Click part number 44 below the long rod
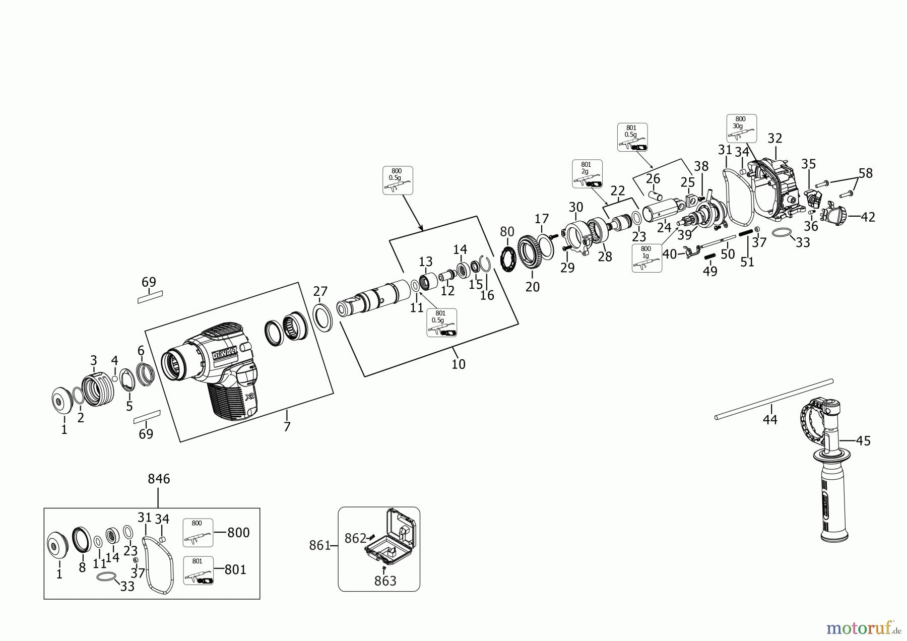[x=770, y=419]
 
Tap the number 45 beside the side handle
[x=863, y=440]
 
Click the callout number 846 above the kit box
[x=159, y=479]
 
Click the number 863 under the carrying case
[x=385, y=581]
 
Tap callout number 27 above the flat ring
[x=320, y=291]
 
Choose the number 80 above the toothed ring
[x=507, y=232]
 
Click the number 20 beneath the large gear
[x=533, y=287]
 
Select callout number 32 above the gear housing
[x=774, y=139]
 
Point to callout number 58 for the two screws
[x=866, y=173]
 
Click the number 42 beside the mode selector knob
[x=868, y=217]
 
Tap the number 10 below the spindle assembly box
[x=458, y=364]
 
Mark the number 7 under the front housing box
[x=287, y=427]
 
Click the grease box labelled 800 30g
[x=741, y=129]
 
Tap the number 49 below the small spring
[x=710, y=271]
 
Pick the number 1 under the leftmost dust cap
[x=64, y=430]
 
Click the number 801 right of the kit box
[x=235, y=569]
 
